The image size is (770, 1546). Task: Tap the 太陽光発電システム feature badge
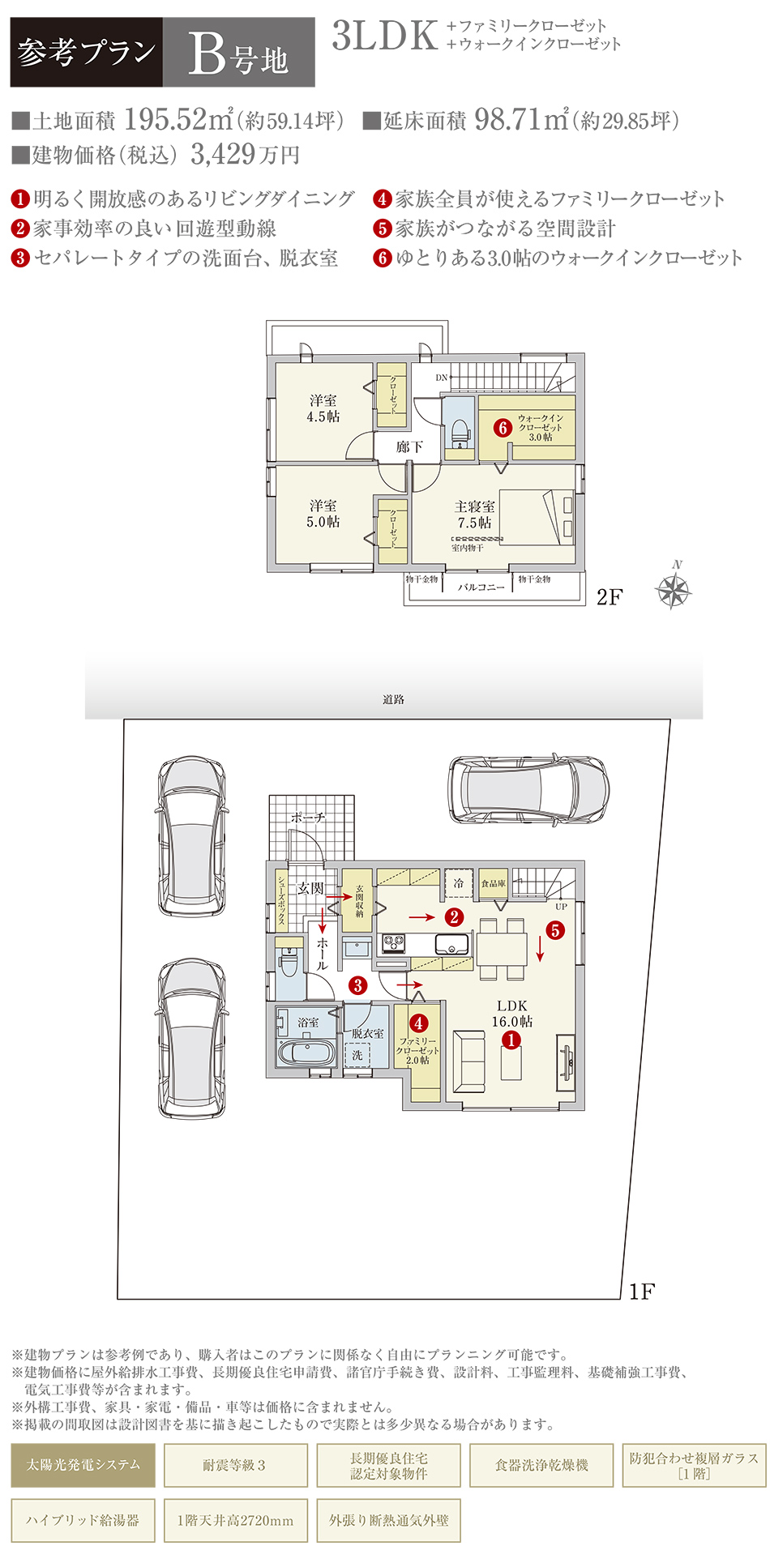point(83,1464)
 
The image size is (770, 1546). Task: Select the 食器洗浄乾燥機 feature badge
point(541,1464)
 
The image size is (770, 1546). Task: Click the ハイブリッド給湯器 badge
point(83,1520)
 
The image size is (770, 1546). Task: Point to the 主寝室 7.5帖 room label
point(474,515)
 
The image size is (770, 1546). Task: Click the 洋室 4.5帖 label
point(323,408)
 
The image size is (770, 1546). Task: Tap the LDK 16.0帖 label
point(512,1014)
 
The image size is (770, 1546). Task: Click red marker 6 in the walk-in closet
point(503,427)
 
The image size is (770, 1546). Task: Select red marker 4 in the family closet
point(418,1023)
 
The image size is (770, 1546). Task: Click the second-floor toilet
point(459,431)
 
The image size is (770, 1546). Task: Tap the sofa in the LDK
point(468,1062)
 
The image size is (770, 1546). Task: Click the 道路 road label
point(393,698)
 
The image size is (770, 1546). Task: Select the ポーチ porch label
point(308,818)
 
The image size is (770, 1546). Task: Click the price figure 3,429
point(223,154)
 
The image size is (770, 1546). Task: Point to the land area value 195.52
point(166,120)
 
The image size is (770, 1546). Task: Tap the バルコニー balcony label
point(481,587)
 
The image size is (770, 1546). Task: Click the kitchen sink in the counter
point(451,943)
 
